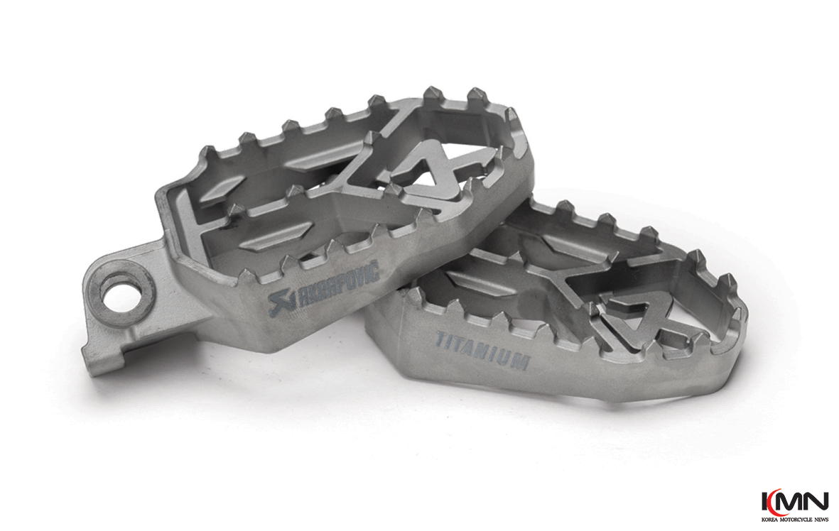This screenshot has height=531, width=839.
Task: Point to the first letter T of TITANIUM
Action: [x=441, y=339]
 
